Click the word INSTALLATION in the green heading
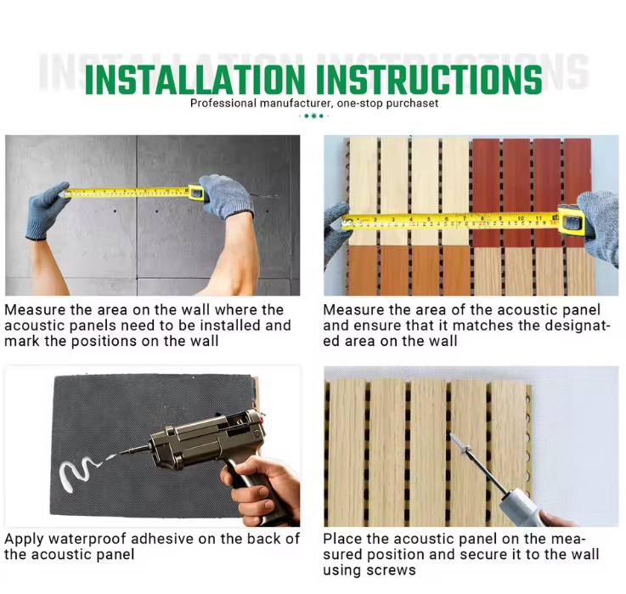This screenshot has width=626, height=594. coord(195,79)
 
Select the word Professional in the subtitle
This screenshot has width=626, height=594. coord(223,103)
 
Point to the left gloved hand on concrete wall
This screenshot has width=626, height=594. coord(47,211)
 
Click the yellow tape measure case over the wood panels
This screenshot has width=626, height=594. coord(572,219)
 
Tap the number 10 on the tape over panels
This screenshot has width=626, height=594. coord(521,218)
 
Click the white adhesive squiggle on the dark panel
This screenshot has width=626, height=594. coord(78,474)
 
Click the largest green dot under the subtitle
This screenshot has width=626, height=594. coord(313,116)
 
